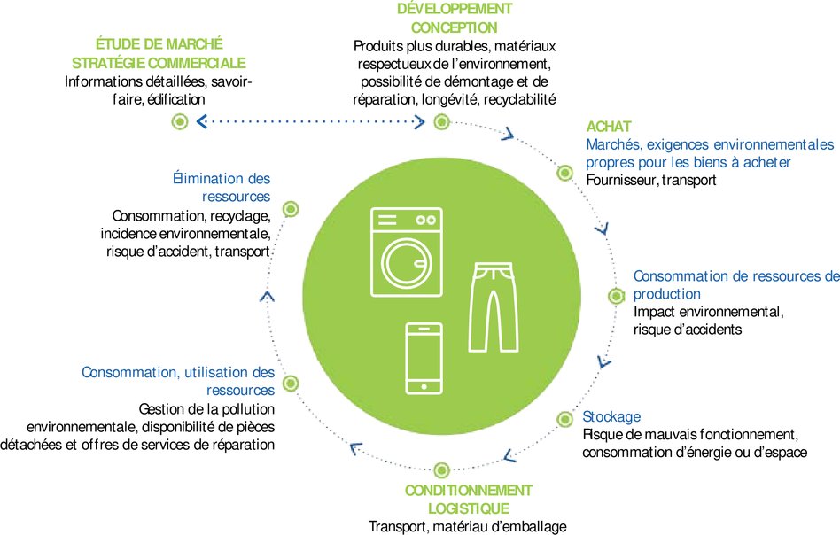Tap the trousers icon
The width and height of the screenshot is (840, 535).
pyautogui.click(x=492, y=306)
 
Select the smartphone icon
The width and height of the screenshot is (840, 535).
pyautogui.click(x=424, y=359)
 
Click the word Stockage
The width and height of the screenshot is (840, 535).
pyautogui.click(x=611, y=416)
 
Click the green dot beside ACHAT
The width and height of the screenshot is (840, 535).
pyautogui.click(x=564, y=172)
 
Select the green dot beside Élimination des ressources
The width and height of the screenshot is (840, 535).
pyautogui.click(x=290, y=209)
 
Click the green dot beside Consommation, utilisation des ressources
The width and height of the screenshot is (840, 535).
pyautogui.click(x=290, y=383)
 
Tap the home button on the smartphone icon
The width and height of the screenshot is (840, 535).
pyautogui.click(x=424, y=385)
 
